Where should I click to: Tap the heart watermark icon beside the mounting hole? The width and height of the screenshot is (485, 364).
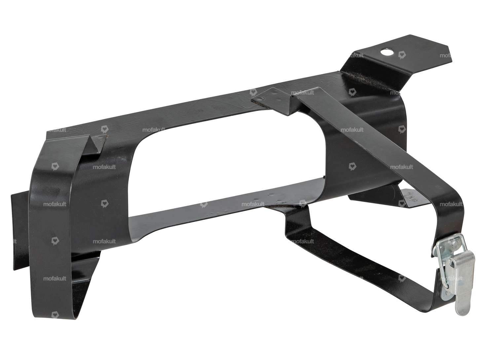(x=402, y=55)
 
